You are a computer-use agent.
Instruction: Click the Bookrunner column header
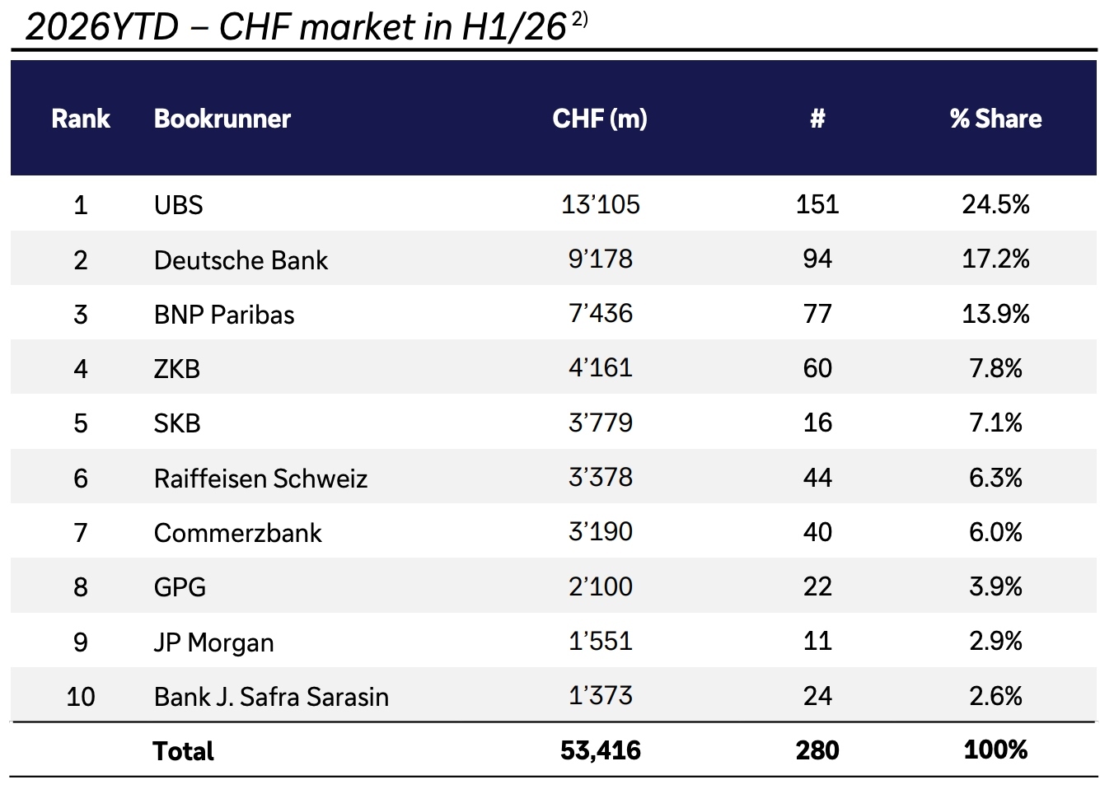222,119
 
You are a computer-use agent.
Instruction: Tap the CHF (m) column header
600,119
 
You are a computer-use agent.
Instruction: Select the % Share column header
995,119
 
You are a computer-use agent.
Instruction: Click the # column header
817,119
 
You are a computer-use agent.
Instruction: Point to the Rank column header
81,119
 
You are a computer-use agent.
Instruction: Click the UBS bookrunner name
178,205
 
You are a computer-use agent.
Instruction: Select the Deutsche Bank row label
241,259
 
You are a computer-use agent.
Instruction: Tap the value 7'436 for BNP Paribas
600,313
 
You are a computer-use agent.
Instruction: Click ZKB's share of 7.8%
995,368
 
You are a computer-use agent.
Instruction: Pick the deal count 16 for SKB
817,423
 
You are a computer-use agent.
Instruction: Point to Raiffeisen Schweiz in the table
260,479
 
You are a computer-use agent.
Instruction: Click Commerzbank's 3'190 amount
600,532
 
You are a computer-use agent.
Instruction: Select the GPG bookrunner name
180,587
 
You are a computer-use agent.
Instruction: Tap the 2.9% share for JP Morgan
995,642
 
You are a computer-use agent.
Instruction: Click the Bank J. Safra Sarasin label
271,697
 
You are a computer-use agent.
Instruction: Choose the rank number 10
81,697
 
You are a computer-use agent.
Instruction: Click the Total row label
183,751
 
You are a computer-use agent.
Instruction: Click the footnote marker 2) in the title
579,20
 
